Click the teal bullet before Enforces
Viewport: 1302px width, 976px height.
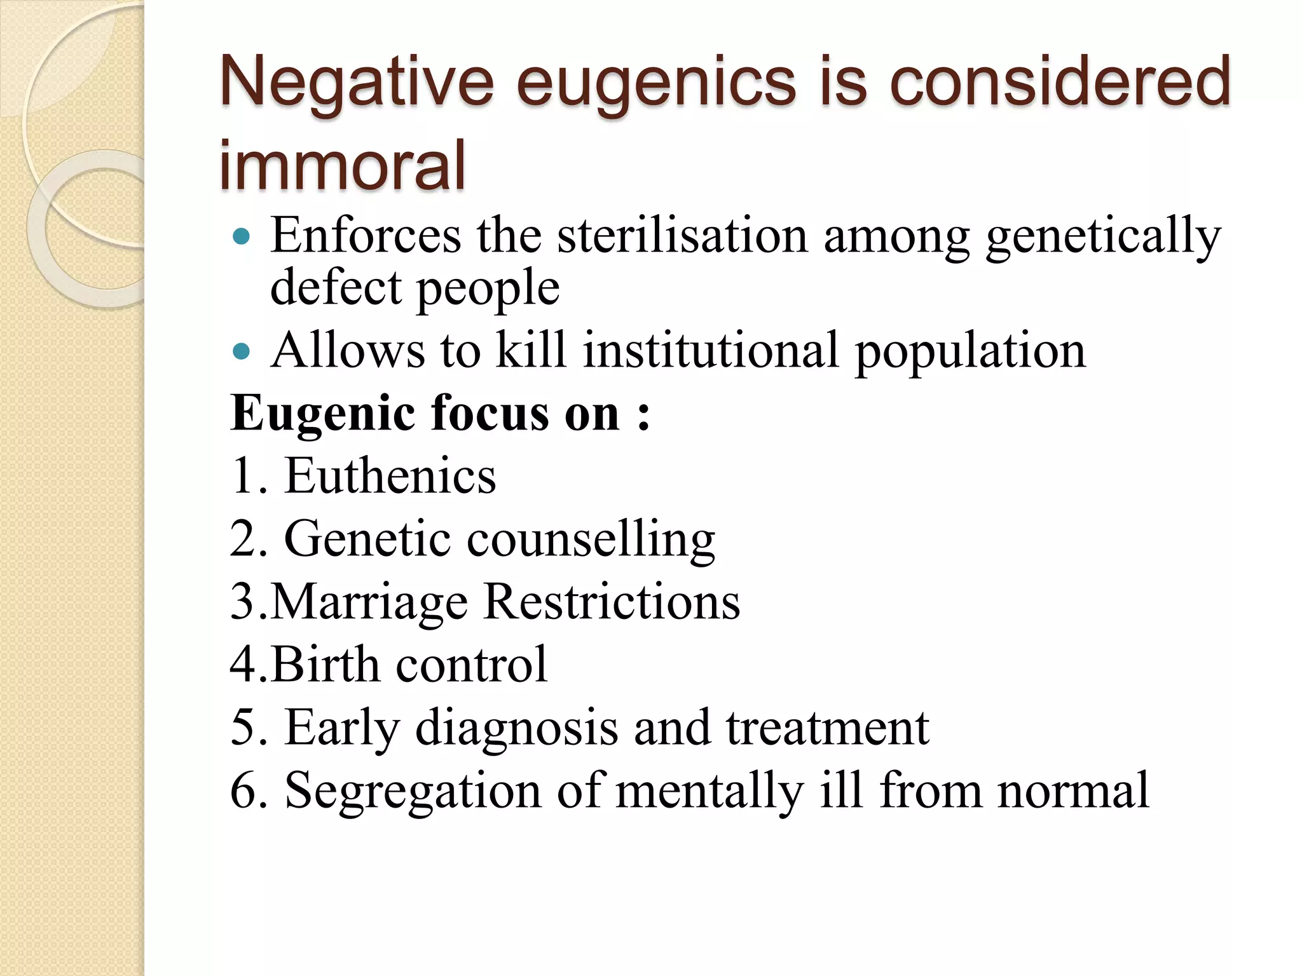pyautogui.click(x=242, y=237)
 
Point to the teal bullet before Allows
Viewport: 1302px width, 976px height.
pyautogui.click(x=242, y=351)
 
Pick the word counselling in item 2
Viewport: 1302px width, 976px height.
pyautogui.click(x=591, y=539)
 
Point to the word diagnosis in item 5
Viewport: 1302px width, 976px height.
pyautogui.click(x=516, y=727)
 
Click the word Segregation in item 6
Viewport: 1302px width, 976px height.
pyautogui.click(x=413, y=790)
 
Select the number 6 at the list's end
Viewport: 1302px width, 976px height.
pyautogui.click(x=243, y=790)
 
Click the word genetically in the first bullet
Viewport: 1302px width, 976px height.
pyautogui.click(x=1103, y=236)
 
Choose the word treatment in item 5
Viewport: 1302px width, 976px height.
pyautogui.click(x=827, y=727)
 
